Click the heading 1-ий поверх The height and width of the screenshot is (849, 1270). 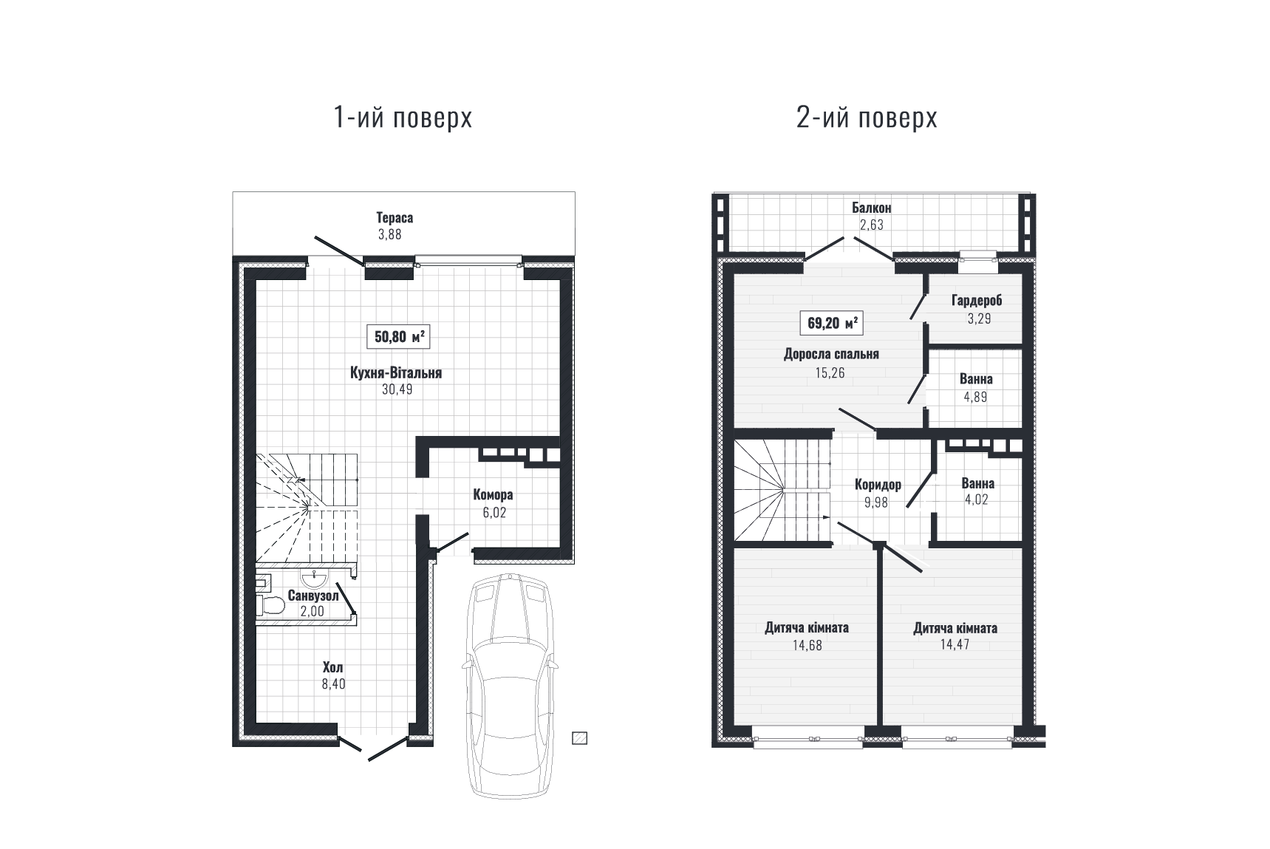[403, 117]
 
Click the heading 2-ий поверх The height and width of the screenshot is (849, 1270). [867, 117]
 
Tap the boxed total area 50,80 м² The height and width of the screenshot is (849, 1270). [399, 337]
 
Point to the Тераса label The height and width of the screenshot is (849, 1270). [395, 218]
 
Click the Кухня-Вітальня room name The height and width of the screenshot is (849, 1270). [396, 373]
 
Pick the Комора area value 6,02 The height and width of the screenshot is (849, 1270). [494, 512]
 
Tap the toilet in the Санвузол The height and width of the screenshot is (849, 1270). [270, 606]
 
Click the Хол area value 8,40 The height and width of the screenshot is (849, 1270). [333, 684]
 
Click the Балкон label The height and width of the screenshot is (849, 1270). [872, 208]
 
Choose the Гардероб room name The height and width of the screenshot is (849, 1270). [977, 301]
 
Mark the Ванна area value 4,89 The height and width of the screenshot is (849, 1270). [976, 397]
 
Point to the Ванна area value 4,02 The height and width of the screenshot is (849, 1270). [976, 499]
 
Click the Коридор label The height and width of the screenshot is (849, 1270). [878, 485]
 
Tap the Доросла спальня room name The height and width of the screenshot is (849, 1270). [831, 355]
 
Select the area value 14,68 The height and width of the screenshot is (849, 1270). [807, 645]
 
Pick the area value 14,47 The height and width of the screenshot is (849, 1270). [955, 644]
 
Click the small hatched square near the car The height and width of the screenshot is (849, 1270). [579, 737]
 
